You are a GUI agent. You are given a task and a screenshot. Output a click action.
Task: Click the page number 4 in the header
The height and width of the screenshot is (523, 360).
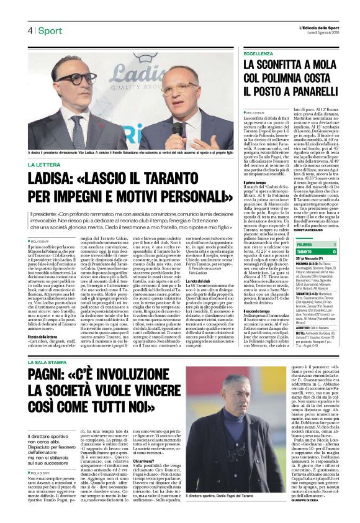tap(29, 30)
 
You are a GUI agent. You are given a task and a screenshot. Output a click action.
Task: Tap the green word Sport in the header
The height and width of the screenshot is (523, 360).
tap(50, 30)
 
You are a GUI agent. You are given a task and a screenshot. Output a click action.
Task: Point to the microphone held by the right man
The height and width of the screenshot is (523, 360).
tap(176, 128)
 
